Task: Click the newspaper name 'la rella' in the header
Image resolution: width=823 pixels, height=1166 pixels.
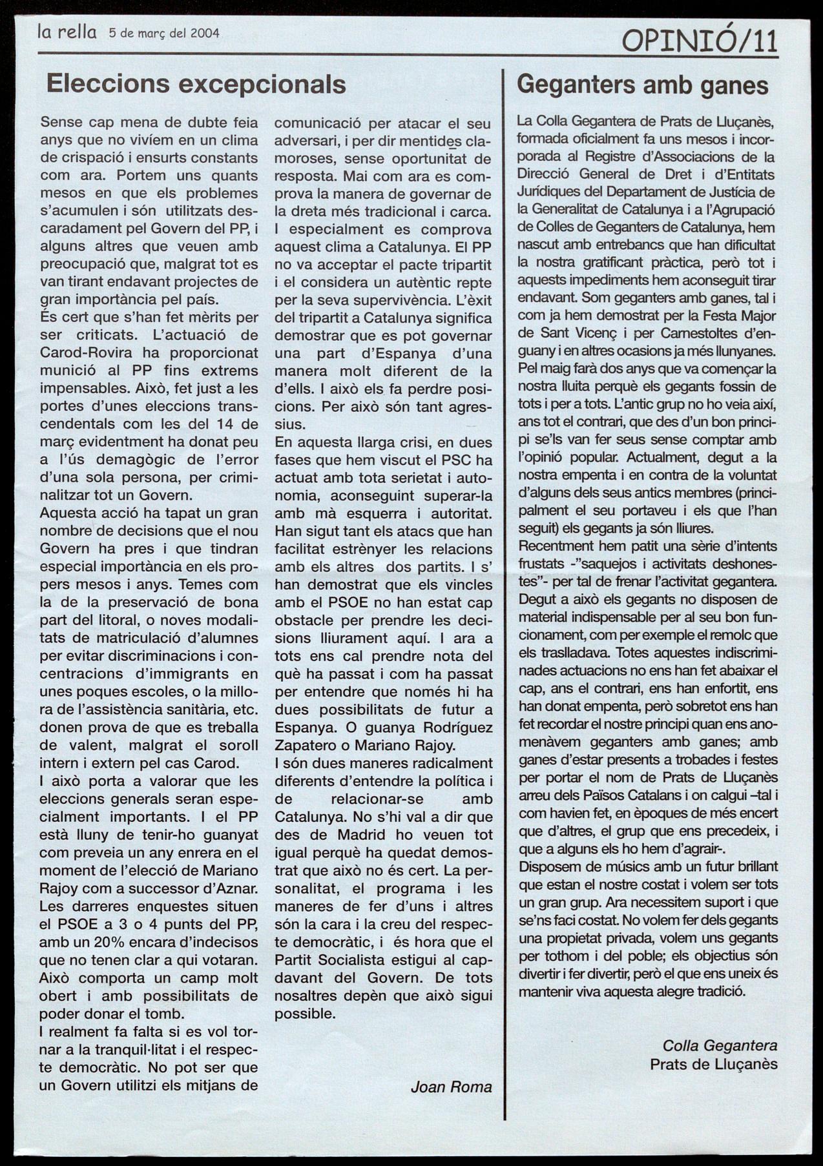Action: pos(67,32)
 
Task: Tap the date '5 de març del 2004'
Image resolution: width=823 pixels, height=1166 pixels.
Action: pos(164,33)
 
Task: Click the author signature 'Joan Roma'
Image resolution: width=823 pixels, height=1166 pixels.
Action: pos(451,1087)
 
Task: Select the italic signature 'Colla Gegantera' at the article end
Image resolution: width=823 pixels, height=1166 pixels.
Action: pos(720,1045)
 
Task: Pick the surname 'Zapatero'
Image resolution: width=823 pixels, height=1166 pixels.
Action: pos(304,745)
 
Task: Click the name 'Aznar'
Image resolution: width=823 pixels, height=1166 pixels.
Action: pos(238,888)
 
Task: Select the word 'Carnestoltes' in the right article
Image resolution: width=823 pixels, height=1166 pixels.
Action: pos(684,334)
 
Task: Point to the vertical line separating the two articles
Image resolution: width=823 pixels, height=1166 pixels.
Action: pos(504,581)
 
